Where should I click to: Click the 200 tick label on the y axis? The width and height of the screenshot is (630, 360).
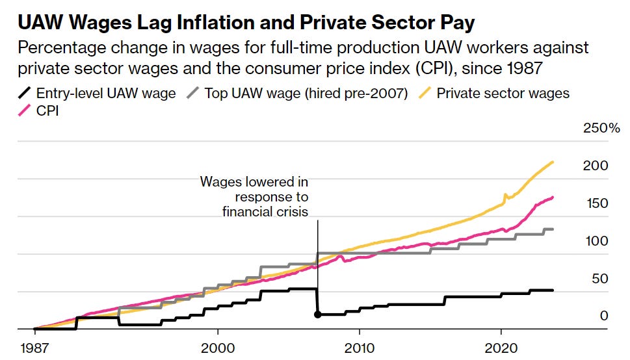(x=596, y=166)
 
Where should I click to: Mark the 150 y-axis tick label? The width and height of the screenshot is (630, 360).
(x=596, y=203)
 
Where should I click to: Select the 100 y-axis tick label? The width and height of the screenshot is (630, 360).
(x=596, y=241)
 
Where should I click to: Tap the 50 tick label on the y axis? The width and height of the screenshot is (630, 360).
(x=596, y=279)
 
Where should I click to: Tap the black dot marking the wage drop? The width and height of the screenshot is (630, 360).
(x=317, y=315)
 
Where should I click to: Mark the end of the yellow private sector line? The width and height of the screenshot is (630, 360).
(x=553, y=162)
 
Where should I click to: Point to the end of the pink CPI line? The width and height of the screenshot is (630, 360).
(x=553, y=197)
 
